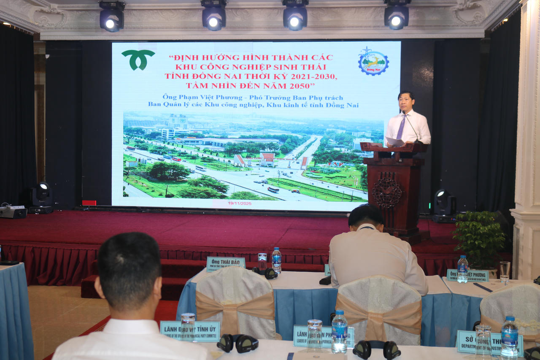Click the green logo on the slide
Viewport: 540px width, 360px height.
pos(138,59)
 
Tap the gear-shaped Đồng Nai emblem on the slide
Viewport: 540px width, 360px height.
pos(373,62)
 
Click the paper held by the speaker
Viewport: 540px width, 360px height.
pos(394,142)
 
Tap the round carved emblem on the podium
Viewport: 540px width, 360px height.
pos(386,192)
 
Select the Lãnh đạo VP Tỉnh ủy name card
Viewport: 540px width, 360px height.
pos(190,330)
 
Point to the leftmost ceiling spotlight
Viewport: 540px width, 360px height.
pos(112,16)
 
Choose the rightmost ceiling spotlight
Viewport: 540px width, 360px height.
pos(396,16)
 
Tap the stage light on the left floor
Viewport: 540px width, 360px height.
pos(42,198)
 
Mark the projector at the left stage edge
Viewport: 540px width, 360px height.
pos(13,211)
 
